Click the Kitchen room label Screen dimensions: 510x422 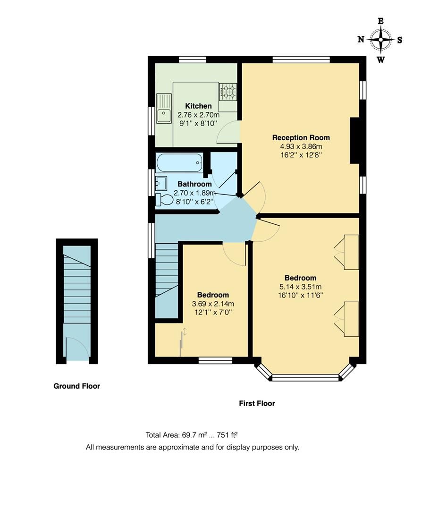[198, 106]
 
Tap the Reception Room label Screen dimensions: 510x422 [301, 137]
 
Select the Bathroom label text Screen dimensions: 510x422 [194, 184]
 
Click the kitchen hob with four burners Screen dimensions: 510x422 [228, 92]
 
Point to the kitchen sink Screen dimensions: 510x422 [164, 115]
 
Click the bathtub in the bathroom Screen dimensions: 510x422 [179, 162]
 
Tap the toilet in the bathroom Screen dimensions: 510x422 [165, 200]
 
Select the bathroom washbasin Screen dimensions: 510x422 [160, 182]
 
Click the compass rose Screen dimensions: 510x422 [380, 40]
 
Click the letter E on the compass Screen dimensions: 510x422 [380, 21]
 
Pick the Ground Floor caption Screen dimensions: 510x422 [76, 386]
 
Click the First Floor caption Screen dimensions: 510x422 [257, 403]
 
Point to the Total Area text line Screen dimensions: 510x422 [194, 435]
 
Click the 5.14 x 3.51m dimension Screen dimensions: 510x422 [300, 287]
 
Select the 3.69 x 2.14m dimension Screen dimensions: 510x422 [213, 304]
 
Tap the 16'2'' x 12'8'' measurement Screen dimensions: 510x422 [301, 154]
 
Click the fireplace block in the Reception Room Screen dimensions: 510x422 [354, 141]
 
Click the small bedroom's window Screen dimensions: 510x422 [215, 361]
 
